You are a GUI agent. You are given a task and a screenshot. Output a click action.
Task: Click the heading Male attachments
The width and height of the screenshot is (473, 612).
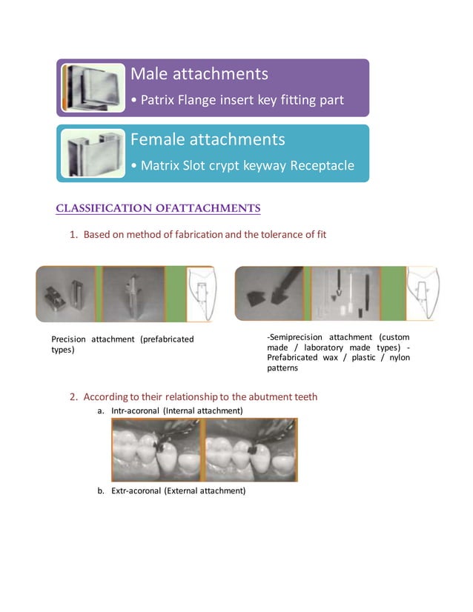point(199,74)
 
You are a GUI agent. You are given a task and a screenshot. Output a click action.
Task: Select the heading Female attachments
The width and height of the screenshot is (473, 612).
point(208,139)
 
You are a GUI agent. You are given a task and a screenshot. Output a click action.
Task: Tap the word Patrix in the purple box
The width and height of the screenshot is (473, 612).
point(157,99)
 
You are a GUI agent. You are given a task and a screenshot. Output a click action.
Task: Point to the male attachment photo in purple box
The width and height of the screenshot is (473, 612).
point(93,87)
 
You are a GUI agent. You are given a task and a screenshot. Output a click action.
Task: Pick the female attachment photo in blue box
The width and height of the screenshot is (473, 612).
point(93,153)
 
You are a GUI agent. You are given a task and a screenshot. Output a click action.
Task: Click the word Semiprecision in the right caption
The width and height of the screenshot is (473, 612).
point(303,338)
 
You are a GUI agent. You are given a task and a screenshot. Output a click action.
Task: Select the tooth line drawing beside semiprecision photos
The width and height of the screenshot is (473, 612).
point(422,294)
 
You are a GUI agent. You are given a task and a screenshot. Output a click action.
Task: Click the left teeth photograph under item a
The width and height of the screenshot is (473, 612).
point(156,450)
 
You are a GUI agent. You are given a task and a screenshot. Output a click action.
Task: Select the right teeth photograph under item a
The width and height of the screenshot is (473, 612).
point(251,450)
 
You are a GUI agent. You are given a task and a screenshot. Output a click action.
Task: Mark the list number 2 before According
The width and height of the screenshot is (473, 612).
point(74,396)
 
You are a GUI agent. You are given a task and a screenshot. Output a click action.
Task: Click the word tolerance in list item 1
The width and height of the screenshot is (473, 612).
point(275,235)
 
